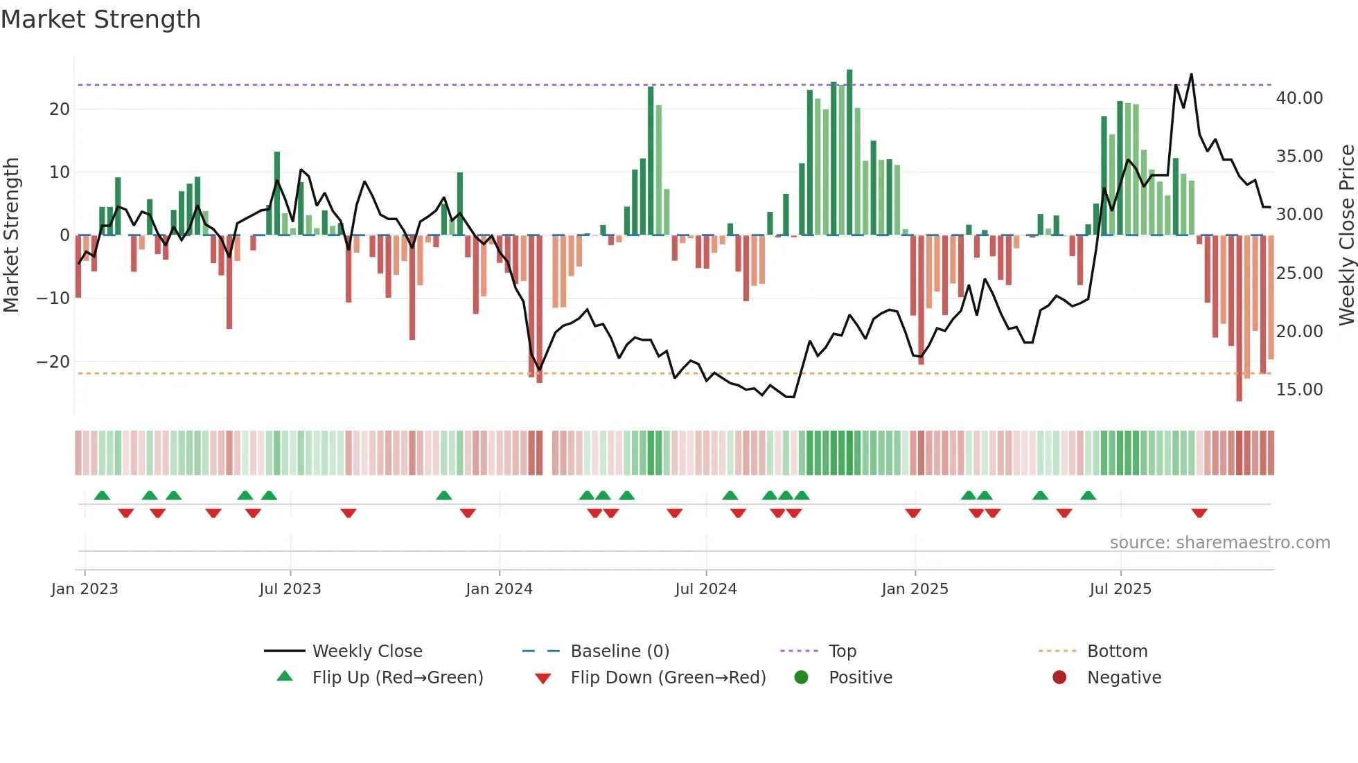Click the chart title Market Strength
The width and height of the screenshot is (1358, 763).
click(100, 19)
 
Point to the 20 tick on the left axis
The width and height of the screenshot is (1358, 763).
click(60, 109)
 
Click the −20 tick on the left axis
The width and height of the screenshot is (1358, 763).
click(53, 362)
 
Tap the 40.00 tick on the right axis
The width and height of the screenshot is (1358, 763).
click(1299, 98)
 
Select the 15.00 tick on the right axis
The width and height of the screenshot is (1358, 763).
click(1299, 390)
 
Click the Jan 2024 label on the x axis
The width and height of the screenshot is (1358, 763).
click(499, 589)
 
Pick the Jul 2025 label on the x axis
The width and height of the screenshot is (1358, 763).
click(1120, 589)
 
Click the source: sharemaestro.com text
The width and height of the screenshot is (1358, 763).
click(1219, 543)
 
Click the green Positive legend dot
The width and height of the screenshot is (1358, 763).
click(802, 678)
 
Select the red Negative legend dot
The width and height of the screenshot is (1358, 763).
click(1059, 678)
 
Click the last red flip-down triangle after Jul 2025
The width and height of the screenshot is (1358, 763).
click(1199, 513)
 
